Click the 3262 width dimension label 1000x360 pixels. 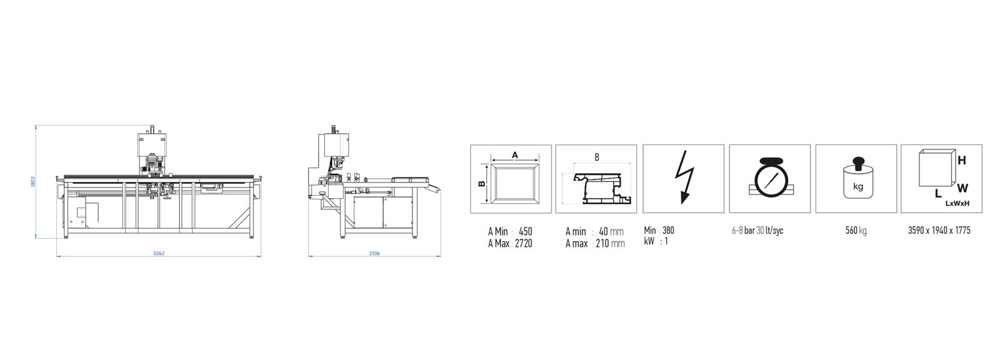(x=159, y=253)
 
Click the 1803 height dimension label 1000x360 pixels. (x=33, y=181)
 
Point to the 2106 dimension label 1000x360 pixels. (x=374, y=253)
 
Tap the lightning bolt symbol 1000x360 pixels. (x=684, y=177)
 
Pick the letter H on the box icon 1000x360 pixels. (x=962, y=161)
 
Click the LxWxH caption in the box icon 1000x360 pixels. (x=957, y=204)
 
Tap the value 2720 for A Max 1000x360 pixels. (x=523, y=243)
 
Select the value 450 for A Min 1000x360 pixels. (x=526, y=231)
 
